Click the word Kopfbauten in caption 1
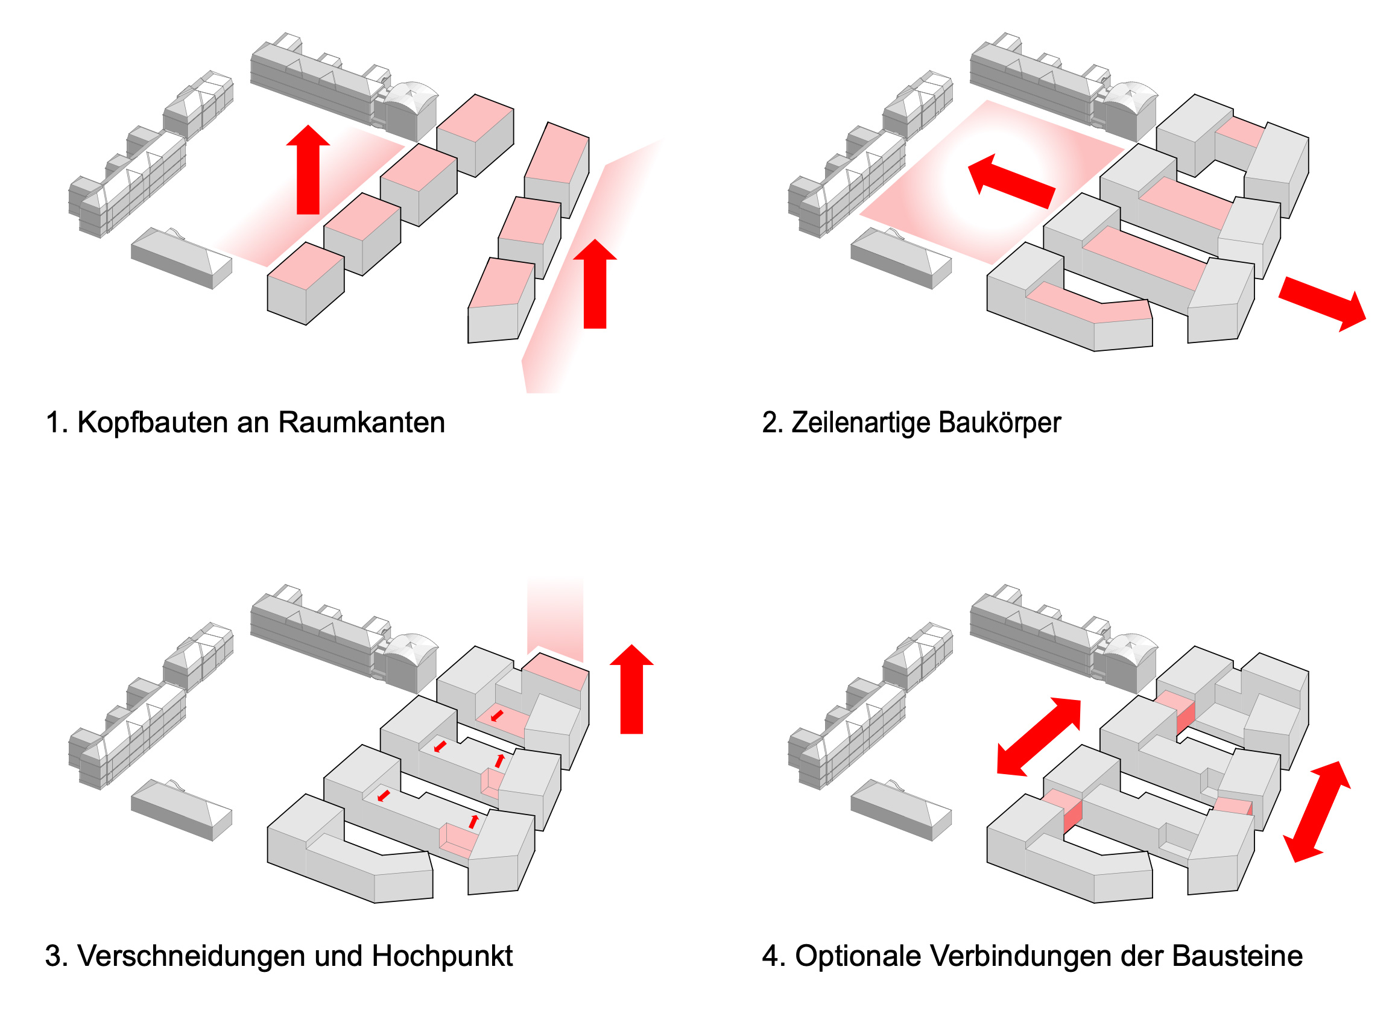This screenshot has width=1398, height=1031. (x=153, y=423)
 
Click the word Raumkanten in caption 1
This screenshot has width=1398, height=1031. (x=361, y=423)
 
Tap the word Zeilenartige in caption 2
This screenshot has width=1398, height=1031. (x=861, y=423)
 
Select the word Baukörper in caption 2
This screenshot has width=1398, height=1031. (x=999, y=423)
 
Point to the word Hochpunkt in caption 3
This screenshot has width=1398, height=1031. (x=442, y=956)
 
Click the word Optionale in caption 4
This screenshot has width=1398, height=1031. (x=858, y=956)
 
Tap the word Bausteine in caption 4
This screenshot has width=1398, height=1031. (x=1237, y=956)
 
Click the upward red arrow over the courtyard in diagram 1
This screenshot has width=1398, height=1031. (x=308, y=172)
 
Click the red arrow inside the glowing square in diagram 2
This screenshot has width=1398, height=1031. (x=1011, y=181)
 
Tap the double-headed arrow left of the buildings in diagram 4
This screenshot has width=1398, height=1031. (x=1039, y=737)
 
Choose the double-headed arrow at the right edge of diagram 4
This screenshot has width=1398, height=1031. (x=1316, y=812)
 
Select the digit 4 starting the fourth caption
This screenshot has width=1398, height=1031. (x=770, y=956)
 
